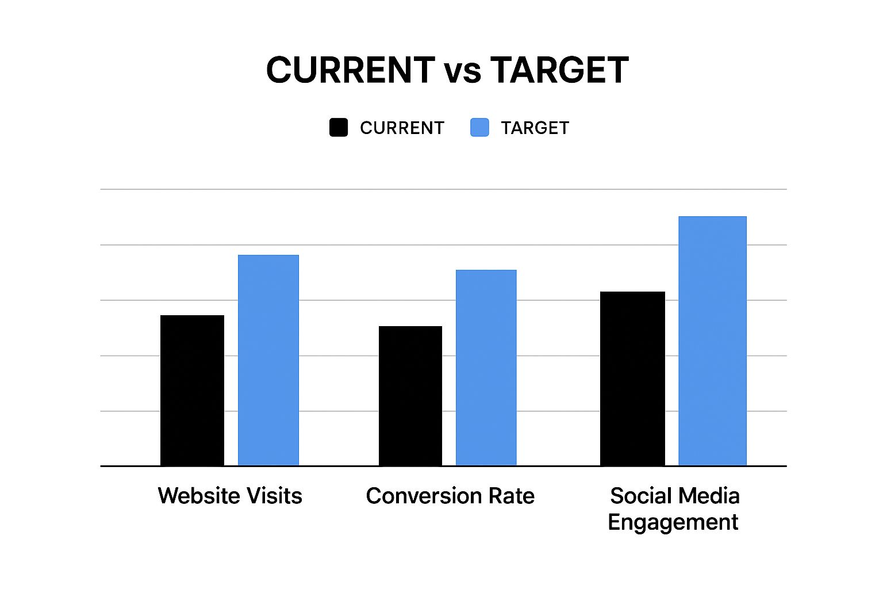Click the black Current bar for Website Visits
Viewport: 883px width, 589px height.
(192, 391)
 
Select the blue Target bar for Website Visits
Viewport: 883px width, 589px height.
(268, 360)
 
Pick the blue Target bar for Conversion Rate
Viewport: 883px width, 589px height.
(486, 368)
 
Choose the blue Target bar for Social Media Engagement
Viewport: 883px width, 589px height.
(712, 341)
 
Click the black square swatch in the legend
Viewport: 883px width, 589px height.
(339, 128)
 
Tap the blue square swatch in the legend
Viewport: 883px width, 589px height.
(479, 128)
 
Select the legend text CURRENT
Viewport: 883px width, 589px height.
(402, 128)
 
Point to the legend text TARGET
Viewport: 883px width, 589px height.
(535, 128)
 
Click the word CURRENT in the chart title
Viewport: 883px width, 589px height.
(350, 70)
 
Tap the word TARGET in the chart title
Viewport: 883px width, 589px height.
(559, 70)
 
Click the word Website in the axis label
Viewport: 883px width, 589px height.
(198, 496)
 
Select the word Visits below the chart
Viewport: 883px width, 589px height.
(274, 496)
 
